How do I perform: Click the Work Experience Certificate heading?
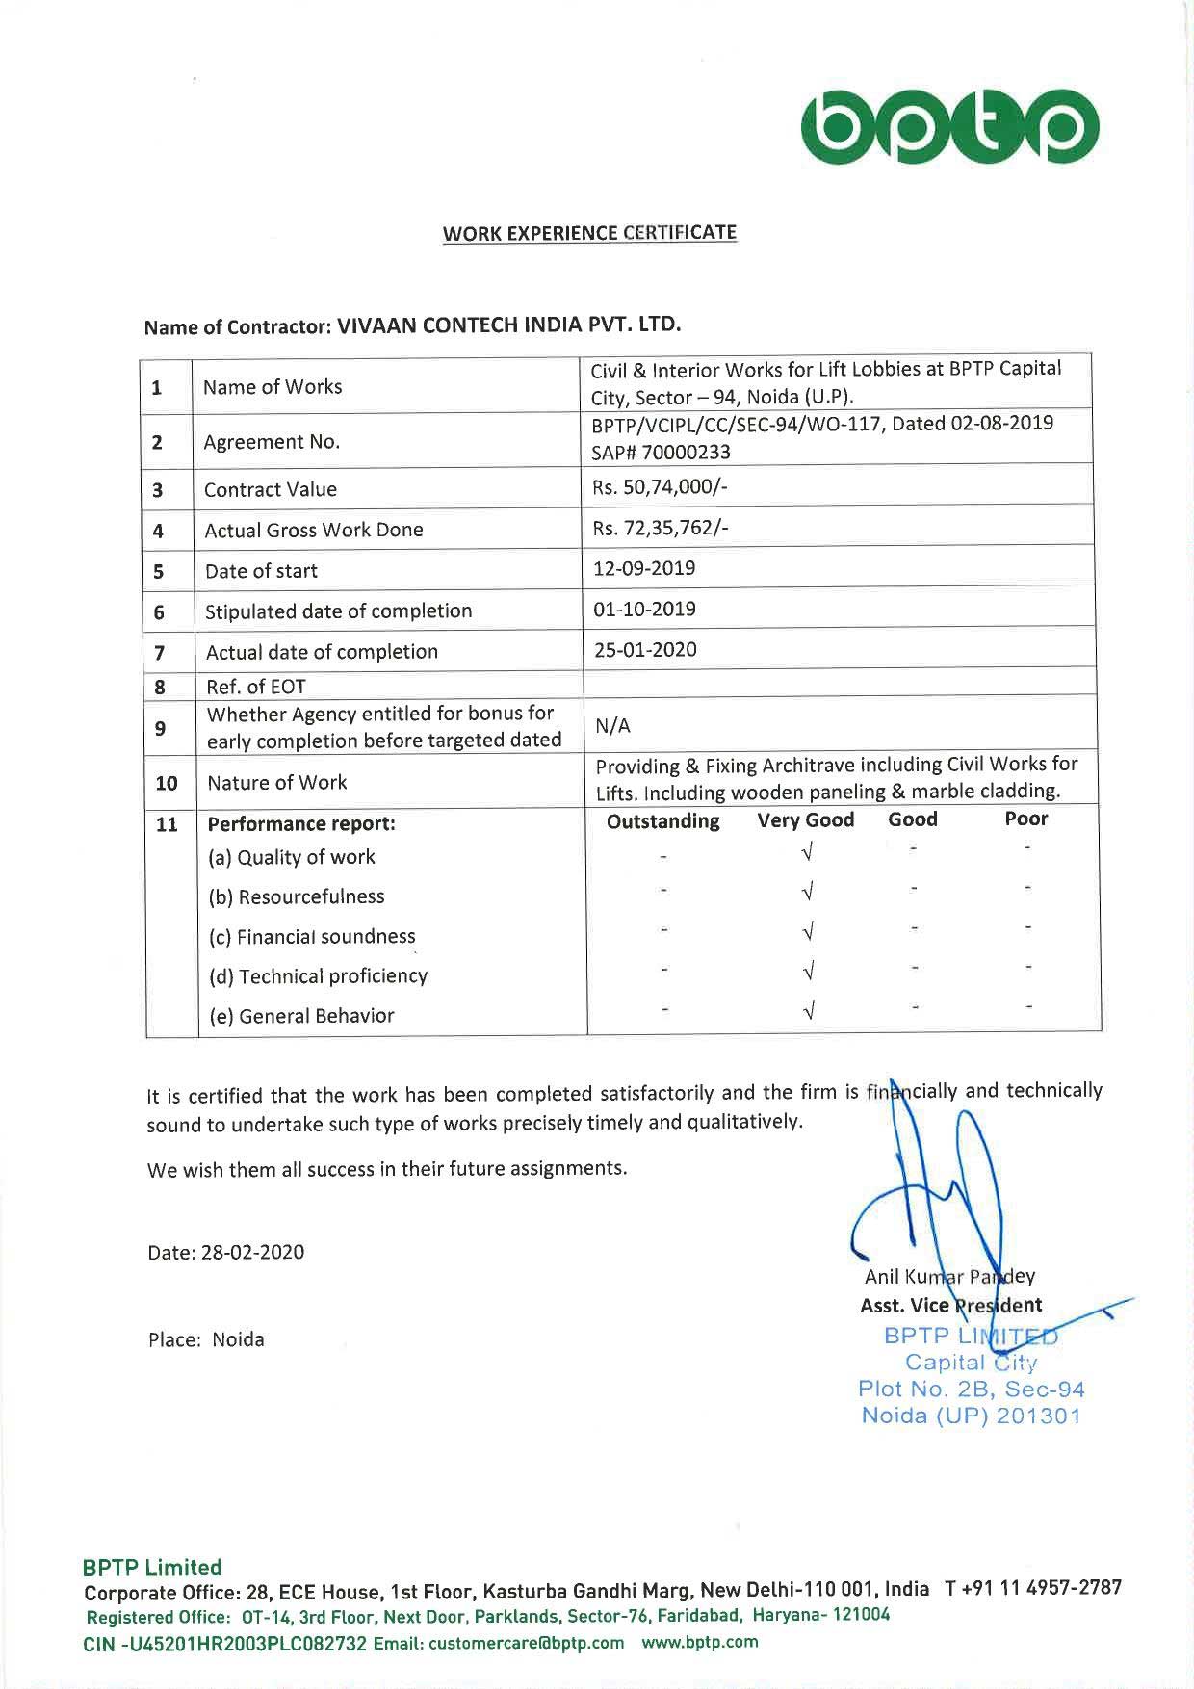(589, 233)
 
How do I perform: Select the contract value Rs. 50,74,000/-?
(660, 487)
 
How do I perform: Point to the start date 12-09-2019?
(644, 568)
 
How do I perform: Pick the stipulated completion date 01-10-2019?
(644, 609)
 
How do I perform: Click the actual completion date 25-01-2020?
(645, 649)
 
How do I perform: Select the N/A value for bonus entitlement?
(612, 726)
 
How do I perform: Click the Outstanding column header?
(662, 820)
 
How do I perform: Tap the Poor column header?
(1025, 819)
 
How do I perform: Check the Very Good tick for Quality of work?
(808, 851)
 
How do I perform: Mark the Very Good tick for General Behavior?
(809, 1010)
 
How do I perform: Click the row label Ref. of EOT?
(255, 687)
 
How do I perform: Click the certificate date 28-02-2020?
(225, 1252)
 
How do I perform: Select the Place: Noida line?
(206, 1339)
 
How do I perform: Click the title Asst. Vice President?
(950, 1306)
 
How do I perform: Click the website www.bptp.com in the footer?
(700, 1642)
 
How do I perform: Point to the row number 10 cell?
(167, 783)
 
